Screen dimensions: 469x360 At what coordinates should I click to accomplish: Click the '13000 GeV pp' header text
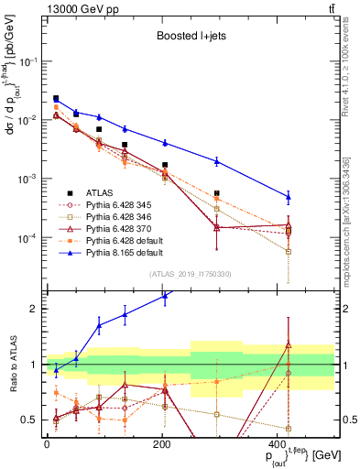coord(77,8)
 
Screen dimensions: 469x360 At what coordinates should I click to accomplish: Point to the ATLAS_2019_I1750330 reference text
coord(191,274)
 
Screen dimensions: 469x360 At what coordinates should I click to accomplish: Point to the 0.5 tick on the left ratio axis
coord(32,420)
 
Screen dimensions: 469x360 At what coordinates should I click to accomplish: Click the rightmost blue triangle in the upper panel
coord(289,196)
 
